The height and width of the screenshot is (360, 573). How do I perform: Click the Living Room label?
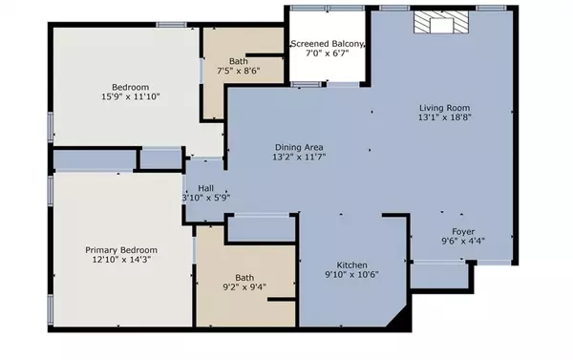pos(443,107)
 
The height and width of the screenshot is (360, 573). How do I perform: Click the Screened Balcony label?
pos(327,44)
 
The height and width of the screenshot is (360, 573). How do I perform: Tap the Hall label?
pos(205,188)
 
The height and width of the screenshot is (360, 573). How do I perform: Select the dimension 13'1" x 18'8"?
pos(444,119)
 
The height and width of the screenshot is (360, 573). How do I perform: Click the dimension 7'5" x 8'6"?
pos(237,70)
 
